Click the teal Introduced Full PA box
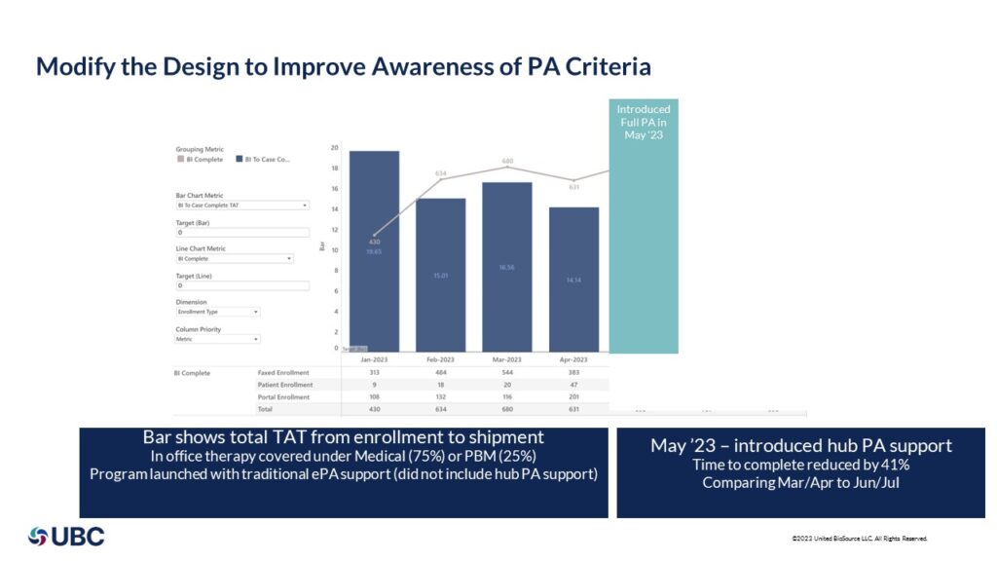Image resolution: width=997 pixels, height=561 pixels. pos(644,225)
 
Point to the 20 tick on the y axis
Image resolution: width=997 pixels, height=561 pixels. pos(334,148)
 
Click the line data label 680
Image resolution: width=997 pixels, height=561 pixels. pos(507,161)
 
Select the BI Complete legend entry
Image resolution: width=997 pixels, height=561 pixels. pos(203,159)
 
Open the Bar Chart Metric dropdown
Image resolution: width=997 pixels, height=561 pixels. pos(241,206)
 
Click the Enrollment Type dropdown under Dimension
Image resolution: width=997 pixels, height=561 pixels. pos(217,313)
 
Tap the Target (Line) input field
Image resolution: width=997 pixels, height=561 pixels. pos(241,285)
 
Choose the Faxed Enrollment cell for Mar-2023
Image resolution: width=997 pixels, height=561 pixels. pos(507,372)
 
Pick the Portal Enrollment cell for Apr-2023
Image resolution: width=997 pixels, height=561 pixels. pos(573,397)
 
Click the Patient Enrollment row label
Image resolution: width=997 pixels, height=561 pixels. pos(285,385)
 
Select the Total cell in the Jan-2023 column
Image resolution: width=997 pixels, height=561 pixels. pos(375,410)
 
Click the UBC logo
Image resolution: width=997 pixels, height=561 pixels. pos(66,536)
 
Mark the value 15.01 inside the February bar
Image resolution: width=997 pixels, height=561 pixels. pos(441,277)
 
